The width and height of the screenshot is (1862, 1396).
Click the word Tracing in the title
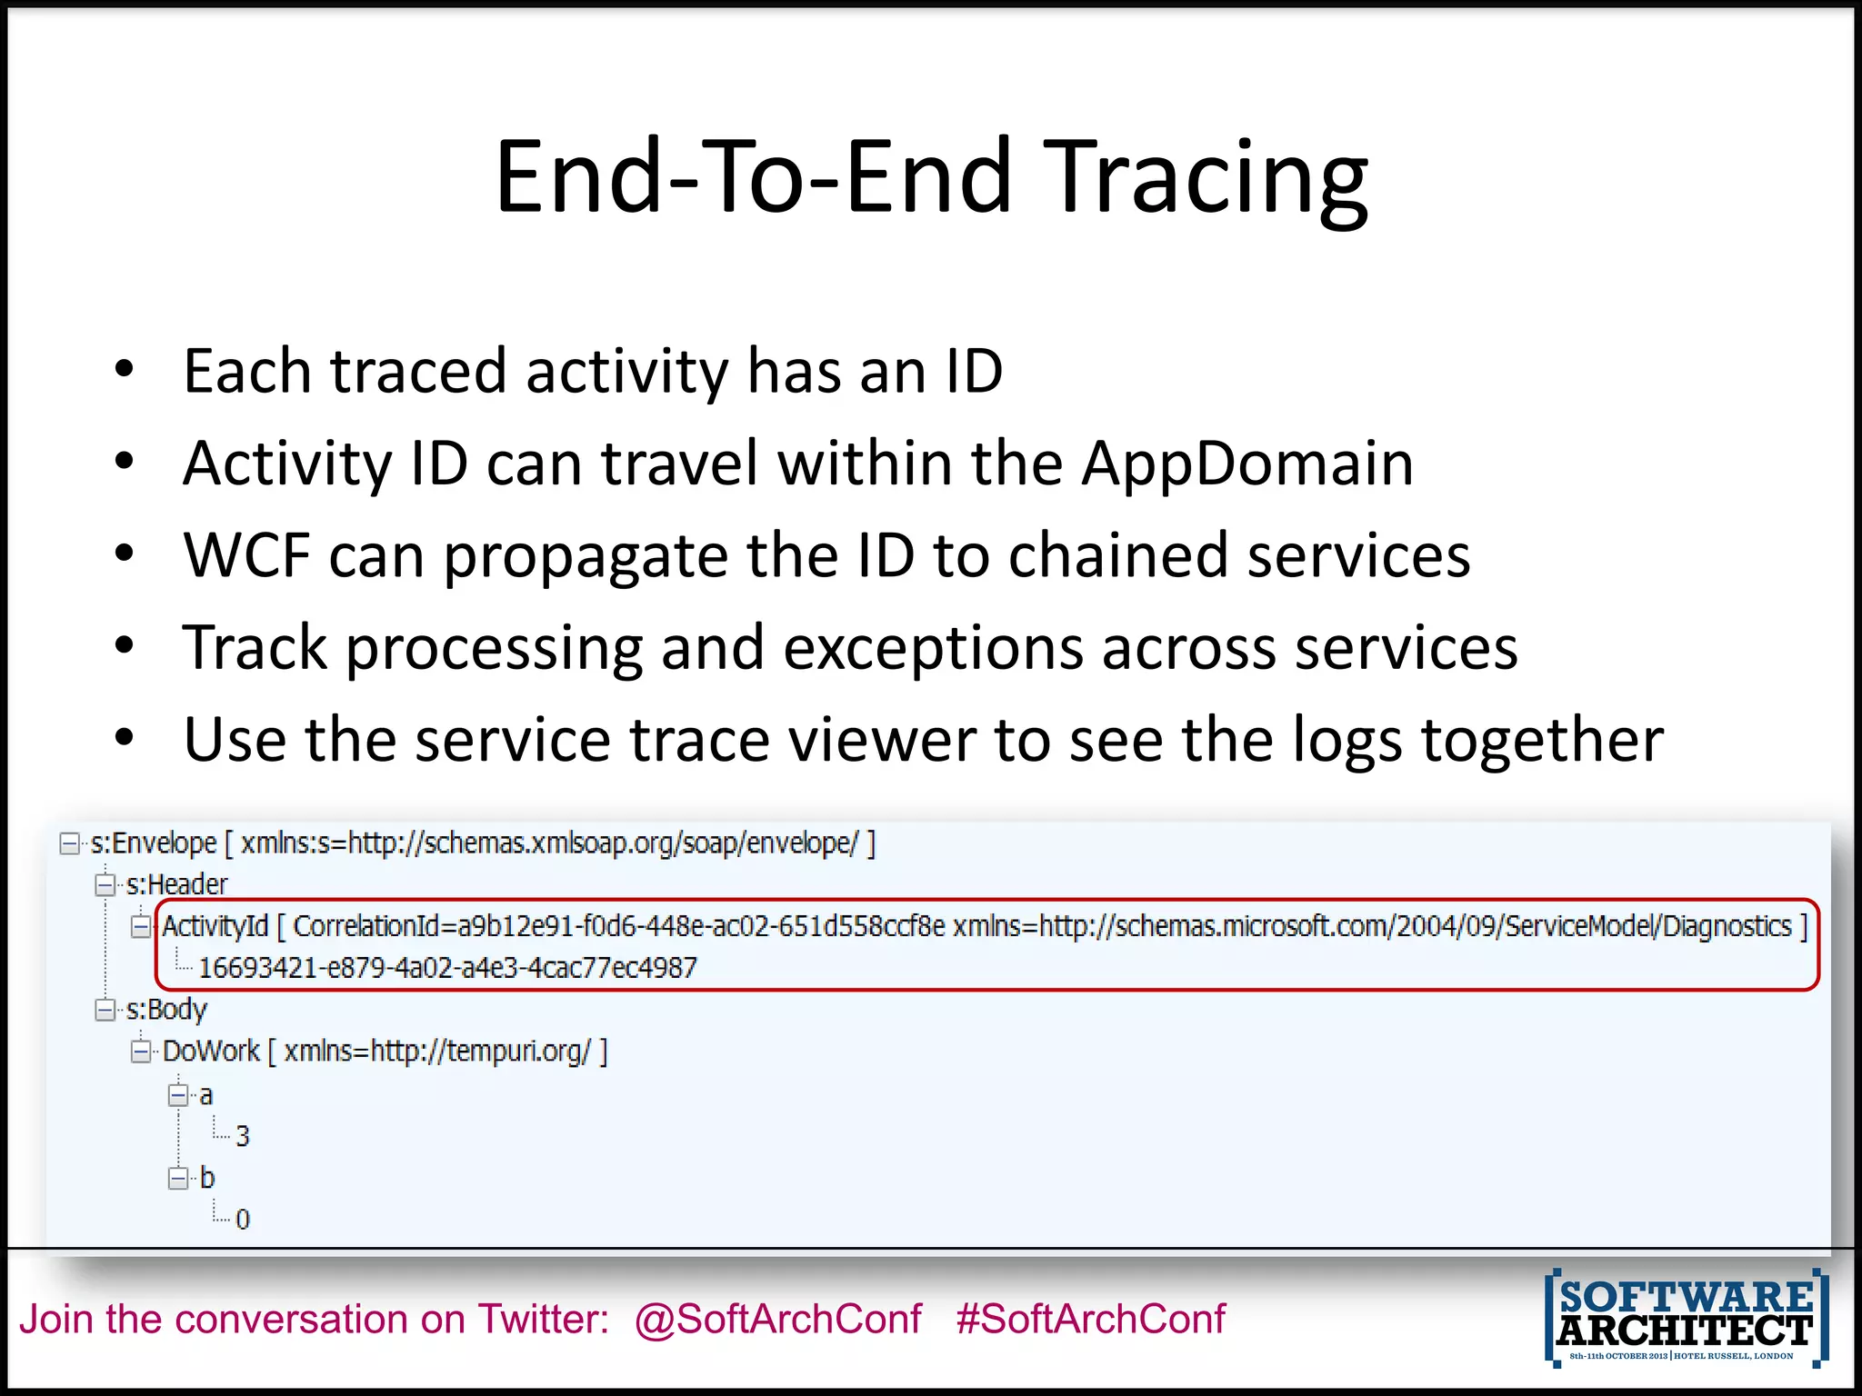tap(1209, 177)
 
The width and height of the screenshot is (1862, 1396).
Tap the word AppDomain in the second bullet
tap(1246, 464)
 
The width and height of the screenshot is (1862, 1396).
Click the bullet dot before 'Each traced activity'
tap(125, 370)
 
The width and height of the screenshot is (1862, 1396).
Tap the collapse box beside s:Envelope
tap(70, 843)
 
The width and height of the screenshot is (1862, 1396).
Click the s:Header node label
tap(176, 884)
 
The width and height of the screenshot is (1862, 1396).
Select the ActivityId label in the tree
tap(215, 926)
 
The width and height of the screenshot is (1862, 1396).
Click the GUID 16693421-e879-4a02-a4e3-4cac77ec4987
tap(447, 968)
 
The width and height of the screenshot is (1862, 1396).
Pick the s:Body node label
tap(166, 1010)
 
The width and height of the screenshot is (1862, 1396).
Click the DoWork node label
tap(211, 1052)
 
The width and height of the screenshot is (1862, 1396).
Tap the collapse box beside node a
tap(178, 1095)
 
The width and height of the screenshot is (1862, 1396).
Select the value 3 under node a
tap(242, 1136)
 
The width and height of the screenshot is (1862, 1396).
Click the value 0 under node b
tap(242, 1220)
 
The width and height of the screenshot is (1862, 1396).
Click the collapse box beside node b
tap(178, 1179)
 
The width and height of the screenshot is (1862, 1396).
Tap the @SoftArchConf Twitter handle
tap(778, 1319)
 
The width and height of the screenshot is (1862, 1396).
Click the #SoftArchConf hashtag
tap(1090, 1319)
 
